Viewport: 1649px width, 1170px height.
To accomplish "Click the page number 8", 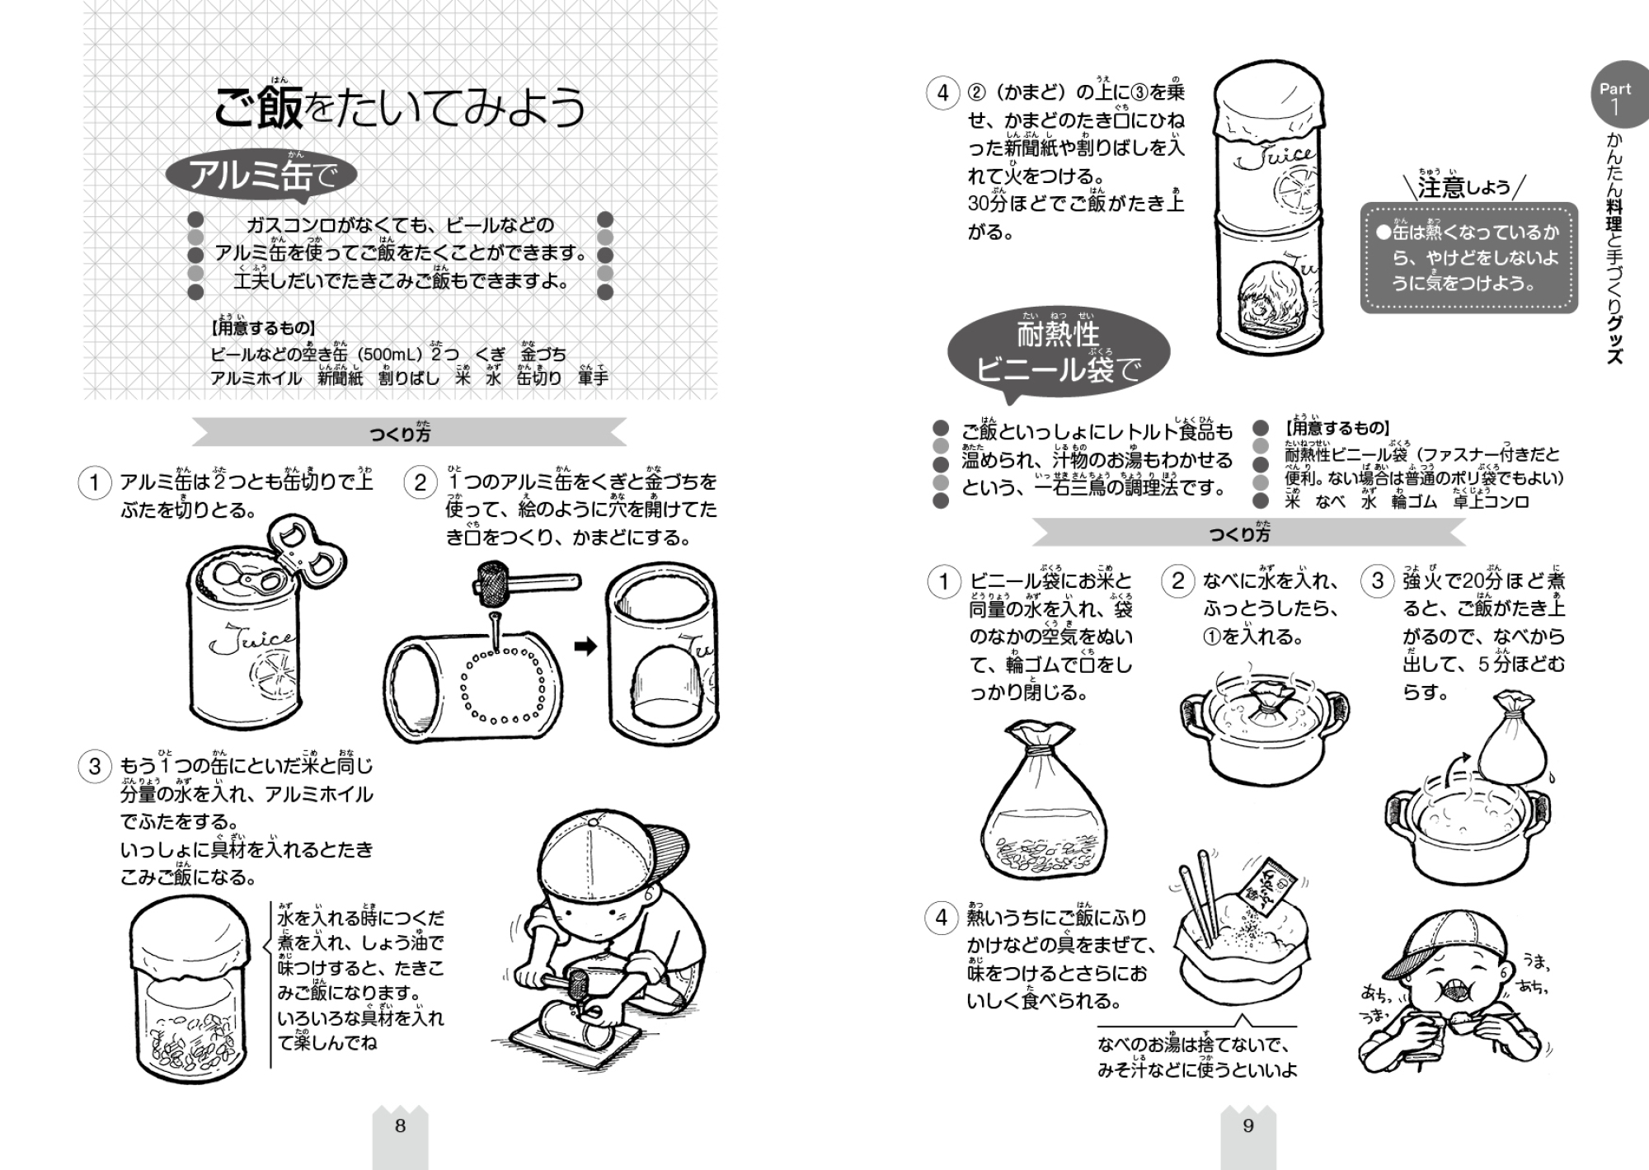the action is [400, 1126].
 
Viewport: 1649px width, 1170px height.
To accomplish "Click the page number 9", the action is [1248, 1126].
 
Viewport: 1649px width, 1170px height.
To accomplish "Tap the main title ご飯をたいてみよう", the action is [400, 108].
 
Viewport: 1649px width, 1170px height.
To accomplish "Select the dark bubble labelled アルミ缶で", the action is [261, 176].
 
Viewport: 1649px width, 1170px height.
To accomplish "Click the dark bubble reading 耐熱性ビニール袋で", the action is [1059, 352].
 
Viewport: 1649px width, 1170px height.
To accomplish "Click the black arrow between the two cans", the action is [585, 647].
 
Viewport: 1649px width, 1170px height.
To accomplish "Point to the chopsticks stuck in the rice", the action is [1199, 903].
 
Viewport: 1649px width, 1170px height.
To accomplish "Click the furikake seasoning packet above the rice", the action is [1266, 889].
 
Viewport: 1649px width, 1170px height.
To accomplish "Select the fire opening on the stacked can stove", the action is [1271, 300].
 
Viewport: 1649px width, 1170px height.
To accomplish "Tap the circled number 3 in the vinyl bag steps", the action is [1378, 581].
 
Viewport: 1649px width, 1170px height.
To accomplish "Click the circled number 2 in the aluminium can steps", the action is [420, 482].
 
